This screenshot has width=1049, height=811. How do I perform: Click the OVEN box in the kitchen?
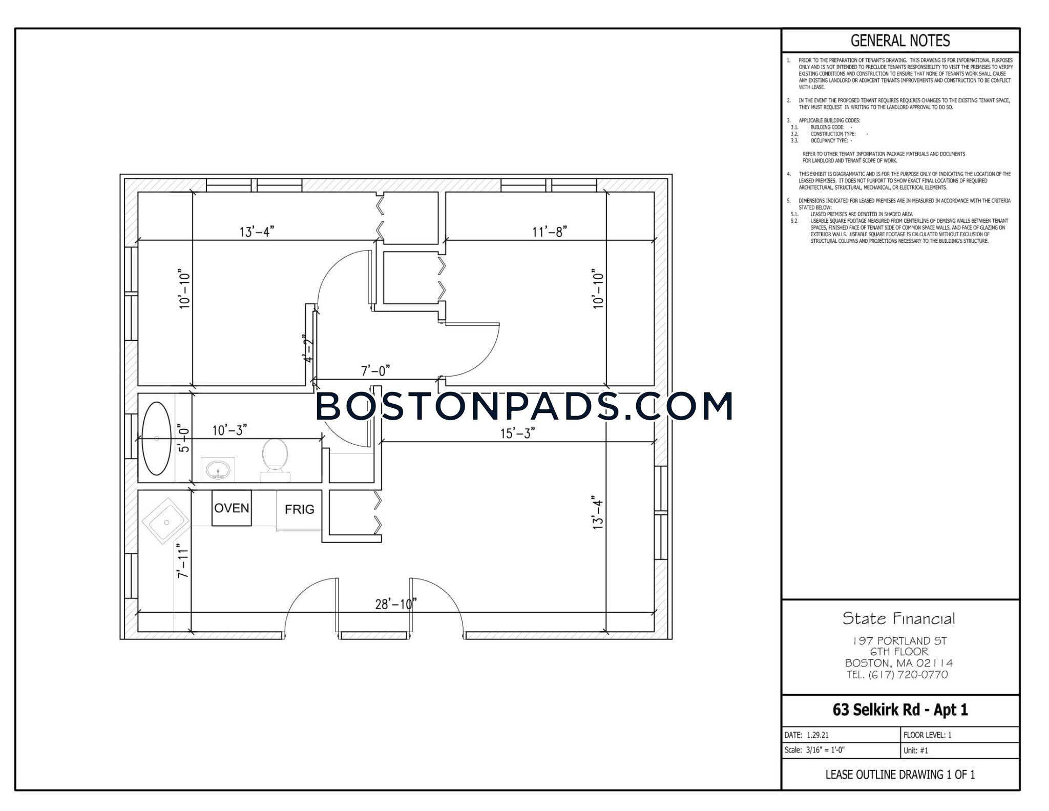tap(232, 508)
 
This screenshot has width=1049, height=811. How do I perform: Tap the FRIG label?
tap(299, 509)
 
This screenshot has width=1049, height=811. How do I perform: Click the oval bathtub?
tap(156, 439)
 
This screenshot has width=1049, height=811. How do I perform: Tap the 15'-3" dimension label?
tap(517, 433)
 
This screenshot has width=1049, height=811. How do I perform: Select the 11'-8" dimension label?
tap(549, 232)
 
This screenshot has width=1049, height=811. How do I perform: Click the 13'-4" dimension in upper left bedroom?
tap(257, 232)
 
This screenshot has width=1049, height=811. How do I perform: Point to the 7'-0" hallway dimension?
tap(375, 370)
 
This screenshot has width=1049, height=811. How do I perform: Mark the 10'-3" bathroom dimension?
tap(229, 430)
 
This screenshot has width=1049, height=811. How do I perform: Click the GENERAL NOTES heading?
tap(900, 40)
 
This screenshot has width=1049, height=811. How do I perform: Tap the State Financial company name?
tap(899, 618)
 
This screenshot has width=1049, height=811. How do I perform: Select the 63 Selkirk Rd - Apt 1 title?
tap(900, 710)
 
